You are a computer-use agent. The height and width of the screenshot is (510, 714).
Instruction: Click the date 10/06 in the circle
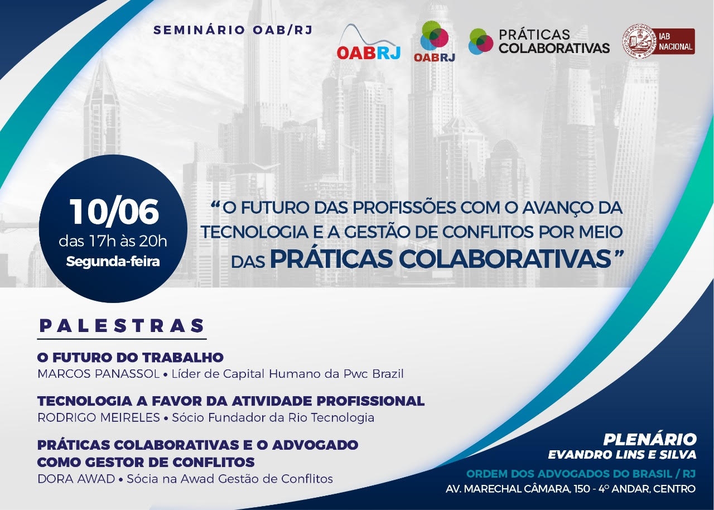click(x=114, y=212)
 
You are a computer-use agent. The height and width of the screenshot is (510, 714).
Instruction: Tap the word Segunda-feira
click(x=113, y=262)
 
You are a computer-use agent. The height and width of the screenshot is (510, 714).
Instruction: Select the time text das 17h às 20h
click(x=113, y=241)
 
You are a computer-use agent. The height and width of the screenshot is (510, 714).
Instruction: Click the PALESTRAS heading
click(x=122, y=326)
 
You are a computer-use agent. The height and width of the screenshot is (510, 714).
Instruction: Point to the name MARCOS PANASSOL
click(x=99, y=374)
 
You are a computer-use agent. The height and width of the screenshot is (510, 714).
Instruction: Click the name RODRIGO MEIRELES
click(x=99, y=417)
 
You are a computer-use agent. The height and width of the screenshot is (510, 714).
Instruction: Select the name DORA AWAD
click(x=76, y=479)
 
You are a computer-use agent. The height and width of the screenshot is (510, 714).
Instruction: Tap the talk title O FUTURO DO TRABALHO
click(x=131, y=358)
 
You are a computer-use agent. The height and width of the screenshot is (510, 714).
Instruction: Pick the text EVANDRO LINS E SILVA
click(x=622, y=455)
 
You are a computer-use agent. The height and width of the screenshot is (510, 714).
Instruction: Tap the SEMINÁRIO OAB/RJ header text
click(x=233, y=30)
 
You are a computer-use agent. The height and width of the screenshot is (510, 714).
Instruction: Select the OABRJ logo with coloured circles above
click(x=434, y=41)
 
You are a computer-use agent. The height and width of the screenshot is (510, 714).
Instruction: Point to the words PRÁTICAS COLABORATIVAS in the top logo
click(x=554, y=41)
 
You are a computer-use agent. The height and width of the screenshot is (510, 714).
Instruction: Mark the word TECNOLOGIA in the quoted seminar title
click(x=253, y=232)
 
